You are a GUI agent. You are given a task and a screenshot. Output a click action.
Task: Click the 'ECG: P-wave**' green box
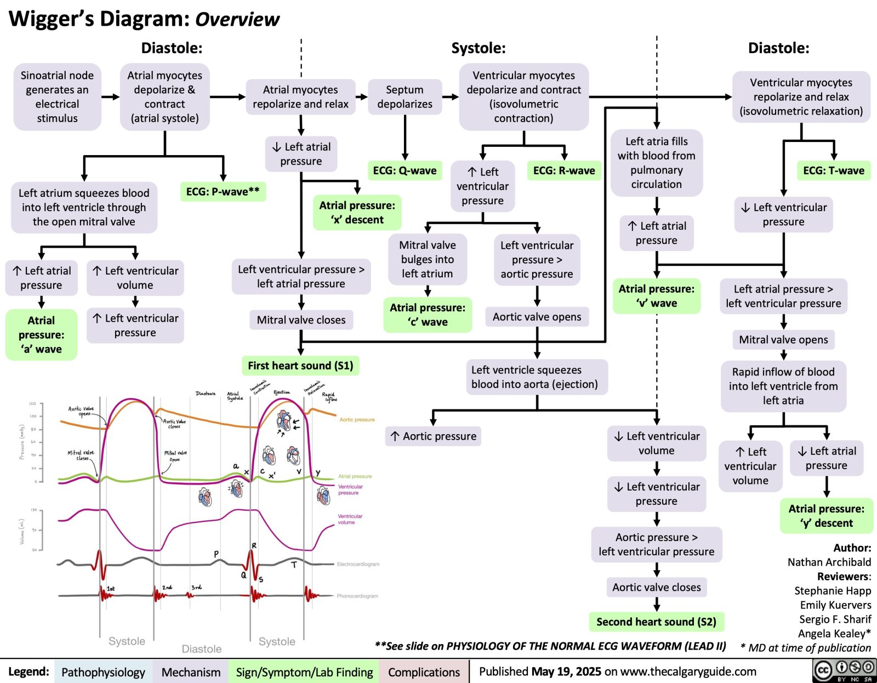(223, 192)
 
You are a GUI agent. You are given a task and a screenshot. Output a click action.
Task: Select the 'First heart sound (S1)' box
(300, 366)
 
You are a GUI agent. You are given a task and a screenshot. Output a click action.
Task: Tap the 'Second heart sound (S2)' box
(656, 622)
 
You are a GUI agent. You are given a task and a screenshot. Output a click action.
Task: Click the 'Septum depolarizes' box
(405, 97)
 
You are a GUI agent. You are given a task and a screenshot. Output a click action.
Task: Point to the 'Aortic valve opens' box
(537, 317)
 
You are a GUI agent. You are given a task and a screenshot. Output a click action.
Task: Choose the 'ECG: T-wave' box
(833, 170)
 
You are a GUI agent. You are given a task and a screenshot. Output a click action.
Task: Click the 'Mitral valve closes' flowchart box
(301, 320)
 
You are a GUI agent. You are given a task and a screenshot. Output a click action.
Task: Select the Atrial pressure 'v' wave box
(656, 296)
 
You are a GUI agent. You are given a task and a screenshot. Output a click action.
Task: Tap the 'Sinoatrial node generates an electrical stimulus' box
(57, 97)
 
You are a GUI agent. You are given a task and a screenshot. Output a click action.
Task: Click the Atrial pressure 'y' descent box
(826, 516)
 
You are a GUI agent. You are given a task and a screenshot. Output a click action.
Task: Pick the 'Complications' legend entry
(424, 672)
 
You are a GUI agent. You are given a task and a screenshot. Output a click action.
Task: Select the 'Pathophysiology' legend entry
(103, 672)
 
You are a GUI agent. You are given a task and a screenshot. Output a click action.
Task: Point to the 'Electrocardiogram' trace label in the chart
(358, 564)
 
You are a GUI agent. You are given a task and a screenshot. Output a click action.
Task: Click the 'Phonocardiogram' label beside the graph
(357, 596)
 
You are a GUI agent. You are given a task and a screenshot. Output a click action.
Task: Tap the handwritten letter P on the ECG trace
(217, 554)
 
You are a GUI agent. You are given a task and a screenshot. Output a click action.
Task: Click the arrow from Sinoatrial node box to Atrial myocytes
(111, 97)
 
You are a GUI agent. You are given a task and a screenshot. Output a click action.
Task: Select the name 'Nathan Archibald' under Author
(829, 562)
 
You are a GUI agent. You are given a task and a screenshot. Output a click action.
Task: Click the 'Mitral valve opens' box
(783, 340)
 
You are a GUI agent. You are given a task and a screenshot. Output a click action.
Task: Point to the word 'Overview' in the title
(237, 20)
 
